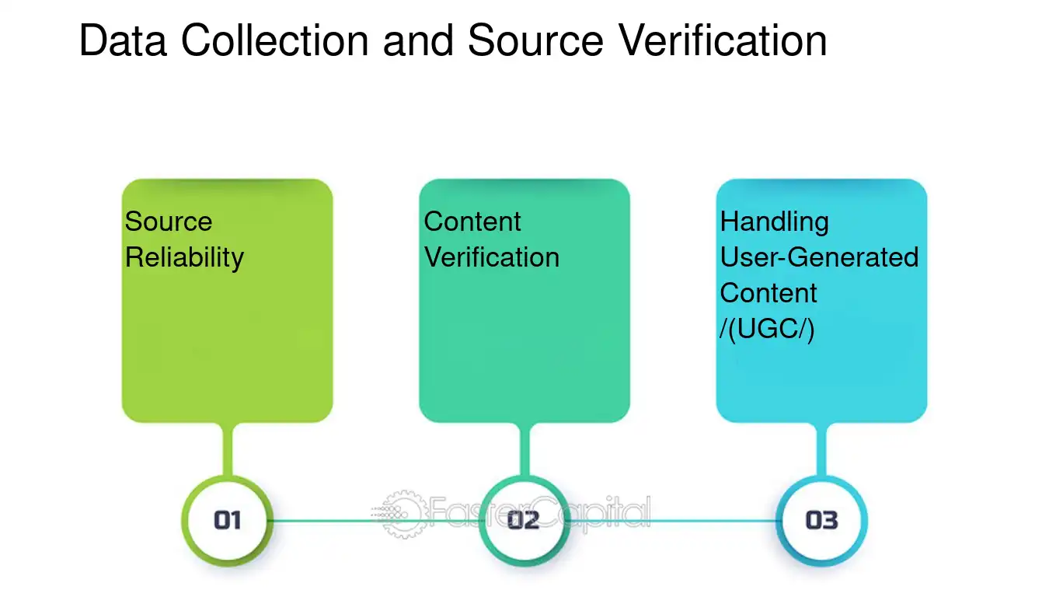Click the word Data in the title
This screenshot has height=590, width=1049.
(x=124, y=40)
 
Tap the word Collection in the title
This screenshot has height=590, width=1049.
(x=275, y=40)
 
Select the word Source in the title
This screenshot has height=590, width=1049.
(x=535, y=40)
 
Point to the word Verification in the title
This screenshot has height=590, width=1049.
(x=723, y=40)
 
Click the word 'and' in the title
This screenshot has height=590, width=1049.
(x=418, y=40)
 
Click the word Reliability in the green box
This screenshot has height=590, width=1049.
(x=184, y=258)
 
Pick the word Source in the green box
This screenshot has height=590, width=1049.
(x=169, y=222)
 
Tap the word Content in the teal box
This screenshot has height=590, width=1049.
(x=472, y=222)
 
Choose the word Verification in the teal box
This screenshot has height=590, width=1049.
(x=492, y=257)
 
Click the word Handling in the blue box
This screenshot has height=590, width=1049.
(x=775, y=222)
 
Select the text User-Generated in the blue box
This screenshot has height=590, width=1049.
(x=820, y=257)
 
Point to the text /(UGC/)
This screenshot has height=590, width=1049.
(x=767, y=329)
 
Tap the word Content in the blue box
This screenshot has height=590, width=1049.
(x=768, y=293)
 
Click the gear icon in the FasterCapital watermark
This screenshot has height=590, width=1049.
(x=403, y=514)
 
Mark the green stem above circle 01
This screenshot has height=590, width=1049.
(x=228, y=449)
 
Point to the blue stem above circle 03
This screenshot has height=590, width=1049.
(x=821, y=449)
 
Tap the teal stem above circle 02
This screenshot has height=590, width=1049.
(x=524, y=449)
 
